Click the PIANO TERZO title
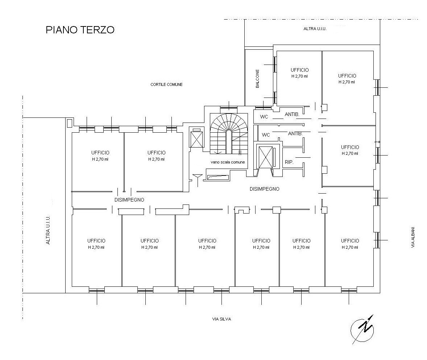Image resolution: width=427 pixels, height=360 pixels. click(80, 30)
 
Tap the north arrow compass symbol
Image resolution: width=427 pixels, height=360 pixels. click(362, 329)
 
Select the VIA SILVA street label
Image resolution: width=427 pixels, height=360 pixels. click(221, 319)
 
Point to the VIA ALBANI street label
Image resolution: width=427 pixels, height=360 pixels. click(413, 237)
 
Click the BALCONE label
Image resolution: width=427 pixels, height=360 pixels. click(257, 79)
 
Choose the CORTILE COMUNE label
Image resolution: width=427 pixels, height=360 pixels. click(166, 84)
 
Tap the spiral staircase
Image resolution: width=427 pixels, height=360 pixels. click(229, 133)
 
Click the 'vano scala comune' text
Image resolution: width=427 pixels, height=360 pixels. click(228, 162)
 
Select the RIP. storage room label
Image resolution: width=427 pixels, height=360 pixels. click(289, 162)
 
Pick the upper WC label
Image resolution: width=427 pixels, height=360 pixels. click(264, 117)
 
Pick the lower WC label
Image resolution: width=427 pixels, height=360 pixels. click(266, 135)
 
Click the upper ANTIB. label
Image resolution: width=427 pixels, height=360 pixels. click(292, 114)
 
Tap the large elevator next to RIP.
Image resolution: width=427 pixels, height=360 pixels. click(265, 157)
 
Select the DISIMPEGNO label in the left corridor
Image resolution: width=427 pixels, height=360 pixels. click(129, 200)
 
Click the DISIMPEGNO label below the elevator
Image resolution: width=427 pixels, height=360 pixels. click(264, 189)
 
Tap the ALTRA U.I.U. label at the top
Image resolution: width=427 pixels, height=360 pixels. click(315, 29)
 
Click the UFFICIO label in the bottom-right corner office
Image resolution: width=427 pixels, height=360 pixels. click(350, 241)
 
